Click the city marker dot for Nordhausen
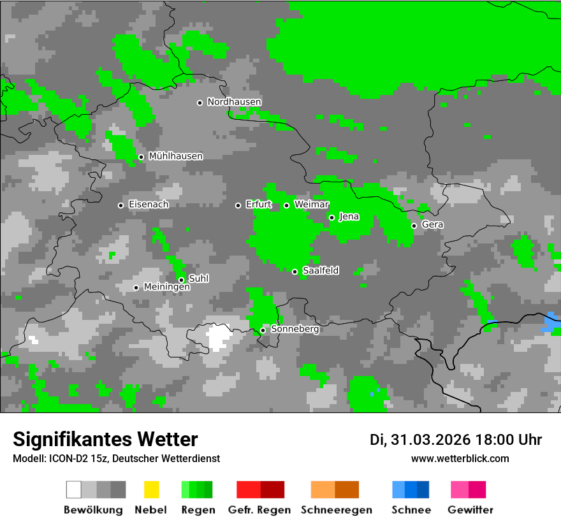point(200,103)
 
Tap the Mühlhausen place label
point(175,156)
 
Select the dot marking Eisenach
point(120,205)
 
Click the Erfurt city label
point(258,205)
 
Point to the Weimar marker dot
point(286,205)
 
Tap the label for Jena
point(349,217)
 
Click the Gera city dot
point(414,226)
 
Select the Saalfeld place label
point(321,271)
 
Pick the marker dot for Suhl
point(181,280)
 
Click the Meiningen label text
point(166,287)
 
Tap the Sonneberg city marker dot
point(263,330)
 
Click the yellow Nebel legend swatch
point(151,489)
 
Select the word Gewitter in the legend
point(470,510)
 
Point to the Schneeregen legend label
point(336,510)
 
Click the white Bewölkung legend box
point(74,489)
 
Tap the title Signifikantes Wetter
point(105,439)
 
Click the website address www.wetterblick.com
point(460,458)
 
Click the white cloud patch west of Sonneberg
point(218,336)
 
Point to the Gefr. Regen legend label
point(259,510)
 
